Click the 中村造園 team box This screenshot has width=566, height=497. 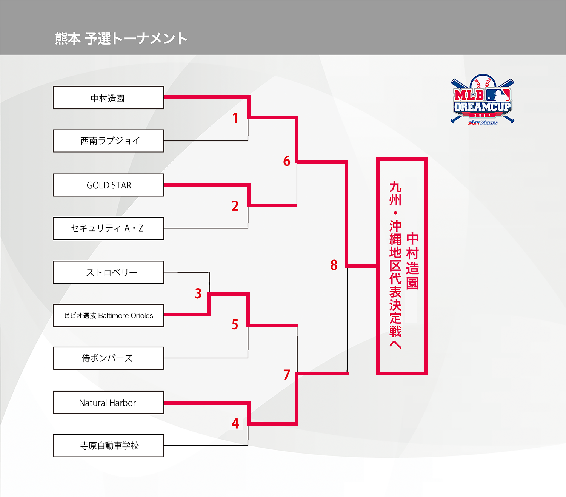click(108, 98)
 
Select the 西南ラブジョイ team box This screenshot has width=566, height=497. click(108, 141)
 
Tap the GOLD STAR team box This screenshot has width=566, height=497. click(108, 185)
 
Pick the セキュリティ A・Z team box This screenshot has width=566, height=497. click(108, 228)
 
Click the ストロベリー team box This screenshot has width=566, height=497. click(108, 272)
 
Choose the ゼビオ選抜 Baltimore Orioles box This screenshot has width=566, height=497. click(108, 315)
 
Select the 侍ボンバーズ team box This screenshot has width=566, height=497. click(108, 358)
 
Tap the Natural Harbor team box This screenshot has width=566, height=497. click(108, 403)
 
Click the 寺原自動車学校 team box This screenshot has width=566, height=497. click(108, 446)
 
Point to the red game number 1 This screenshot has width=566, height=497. click(235, 118)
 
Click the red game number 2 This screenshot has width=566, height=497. click(235, 206)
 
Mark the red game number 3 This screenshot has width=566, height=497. click(198, 293)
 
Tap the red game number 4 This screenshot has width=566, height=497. click(235, 424)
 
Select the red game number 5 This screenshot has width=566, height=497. click(235, 324)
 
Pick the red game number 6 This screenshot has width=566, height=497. click(287, 161)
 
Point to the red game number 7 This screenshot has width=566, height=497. click(287, 375)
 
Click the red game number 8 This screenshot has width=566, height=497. click(334, 265)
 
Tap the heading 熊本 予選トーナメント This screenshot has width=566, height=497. click(121, 39)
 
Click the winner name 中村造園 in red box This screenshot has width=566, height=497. click(412, 261)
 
